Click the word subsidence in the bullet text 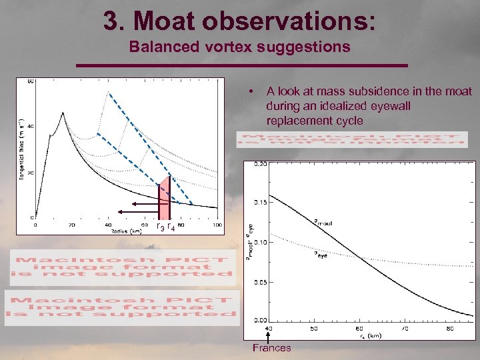[x=401, y=91]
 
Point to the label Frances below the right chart [x=271, y=347]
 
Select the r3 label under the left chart [x=159, y=227]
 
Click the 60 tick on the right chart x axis [x=359, y=328]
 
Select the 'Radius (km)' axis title [x=127, y=231]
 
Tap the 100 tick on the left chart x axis [x=217, y=225]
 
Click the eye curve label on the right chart [x=321, y=255]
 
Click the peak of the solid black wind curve [x=63, y=113]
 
